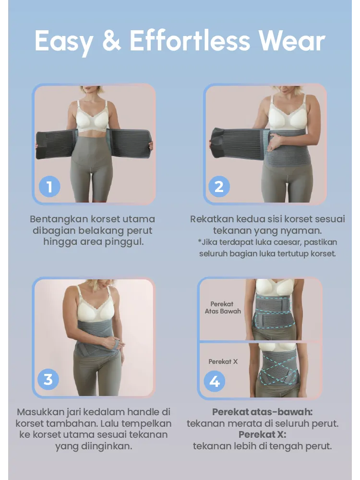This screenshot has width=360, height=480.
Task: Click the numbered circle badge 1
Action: point(49,186)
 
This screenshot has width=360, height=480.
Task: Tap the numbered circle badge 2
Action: point(219,186)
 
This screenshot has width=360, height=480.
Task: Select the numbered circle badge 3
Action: point(48,379)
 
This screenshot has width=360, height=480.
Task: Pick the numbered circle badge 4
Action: point(215,382)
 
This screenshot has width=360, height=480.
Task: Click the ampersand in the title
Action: point(111,41)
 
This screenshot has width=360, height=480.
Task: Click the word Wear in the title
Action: point(292,41)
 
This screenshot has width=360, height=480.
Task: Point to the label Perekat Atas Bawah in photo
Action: point(222,308)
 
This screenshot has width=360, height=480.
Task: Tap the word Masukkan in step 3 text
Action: point(37,412)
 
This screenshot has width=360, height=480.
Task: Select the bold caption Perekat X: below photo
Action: point(262,435)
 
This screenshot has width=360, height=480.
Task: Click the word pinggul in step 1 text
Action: point(126,242)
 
